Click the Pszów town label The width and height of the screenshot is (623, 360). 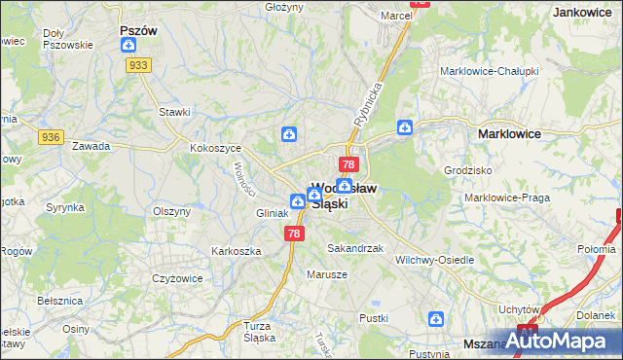(138, 30)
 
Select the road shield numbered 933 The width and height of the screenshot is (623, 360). (137, 64)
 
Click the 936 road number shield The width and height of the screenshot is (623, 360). (52, 138)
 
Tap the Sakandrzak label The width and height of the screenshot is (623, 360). (355, 248)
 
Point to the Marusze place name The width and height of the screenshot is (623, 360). (328, 273)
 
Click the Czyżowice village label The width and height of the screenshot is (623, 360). (177, 277)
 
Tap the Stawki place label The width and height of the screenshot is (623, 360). (174, 112)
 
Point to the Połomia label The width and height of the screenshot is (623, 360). (596, 249)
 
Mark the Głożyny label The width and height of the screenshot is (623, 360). (284, 6)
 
